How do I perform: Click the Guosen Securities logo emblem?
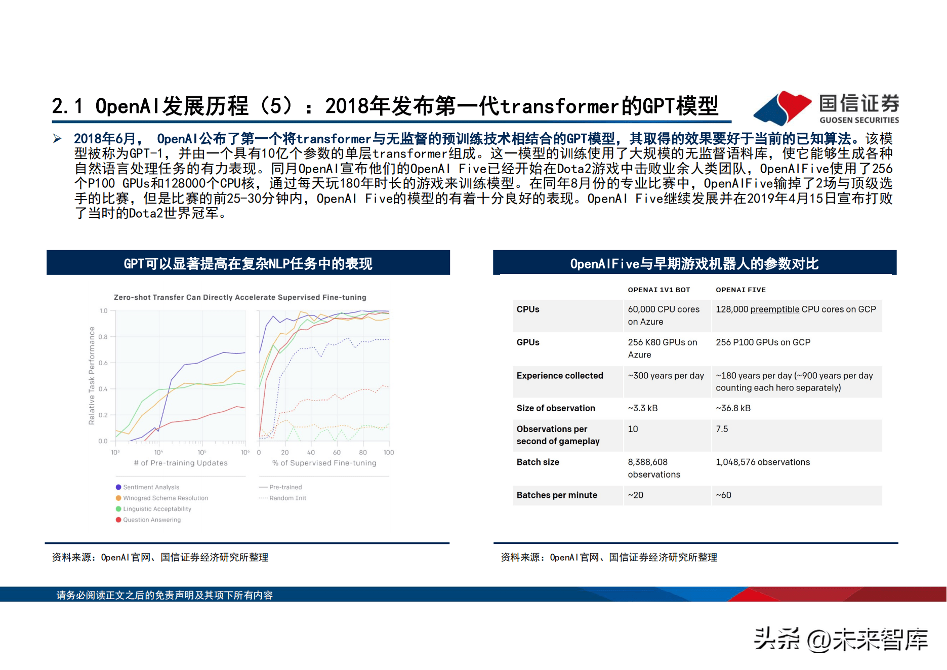point(783,108)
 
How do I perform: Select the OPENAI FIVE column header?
point(740,290)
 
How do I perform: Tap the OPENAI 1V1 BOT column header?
point(659,290)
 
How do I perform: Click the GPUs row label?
point(528,342)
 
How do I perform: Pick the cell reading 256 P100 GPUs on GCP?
point(763,342)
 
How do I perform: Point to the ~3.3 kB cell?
point(643,408)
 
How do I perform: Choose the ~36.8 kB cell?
point(733,408)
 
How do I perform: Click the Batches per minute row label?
point(557,495)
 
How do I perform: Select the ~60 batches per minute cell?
point(723,495)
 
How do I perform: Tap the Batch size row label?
point(538,462)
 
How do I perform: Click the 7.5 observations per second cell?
point(722,429)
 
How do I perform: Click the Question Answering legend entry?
point(148,520)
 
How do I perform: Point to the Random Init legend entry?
point(282,498)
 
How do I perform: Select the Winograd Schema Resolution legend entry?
point(162,498)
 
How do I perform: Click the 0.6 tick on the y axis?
point(103,363)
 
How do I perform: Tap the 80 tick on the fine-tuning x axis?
point(363,452)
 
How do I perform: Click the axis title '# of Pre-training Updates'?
point(181,463)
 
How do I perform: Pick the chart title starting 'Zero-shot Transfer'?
point(240,297)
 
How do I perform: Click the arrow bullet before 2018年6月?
point(57,139)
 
